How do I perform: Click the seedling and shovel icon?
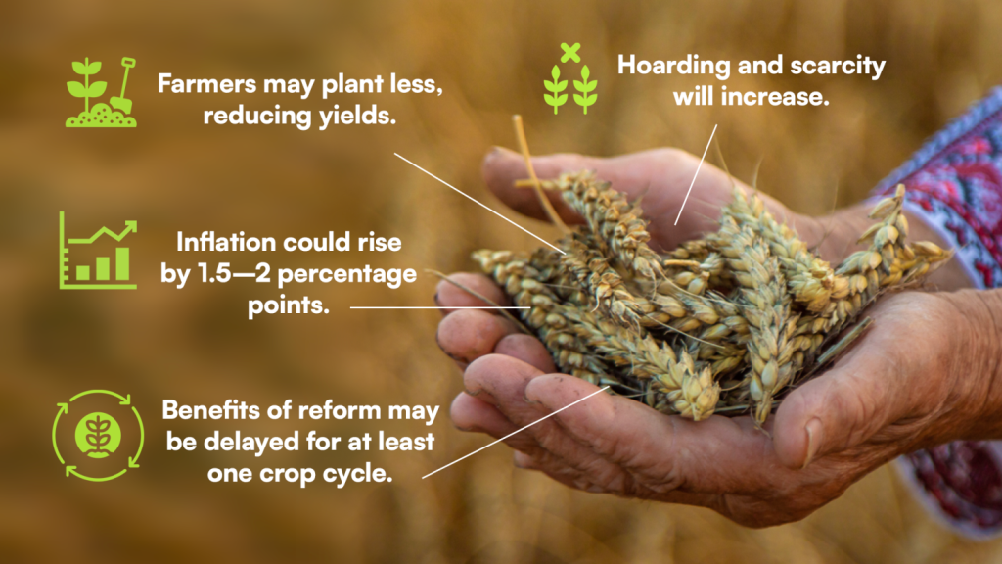click(x=101, y=92)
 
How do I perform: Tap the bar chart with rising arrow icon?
click(x=98, y=251)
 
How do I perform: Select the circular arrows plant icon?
click(x=98, y=436)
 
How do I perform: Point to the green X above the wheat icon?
click(x=570, y=53)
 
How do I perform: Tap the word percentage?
click(x=347, y=275)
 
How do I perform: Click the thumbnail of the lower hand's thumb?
click(x=811, y=441)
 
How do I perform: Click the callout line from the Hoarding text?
click(x=696, y=174)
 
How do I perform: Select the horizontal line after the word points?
click(x=440, y=307)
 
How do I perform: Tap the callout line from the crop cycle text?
click(x=515, y=432)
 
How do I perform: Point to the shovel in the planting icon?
click(x=123, y=86)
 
